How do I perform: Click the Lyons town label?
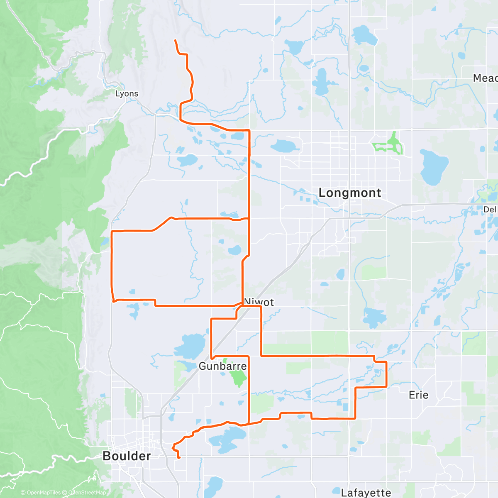tap(127, 94)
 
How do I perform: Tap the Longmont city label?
tap(349, 193)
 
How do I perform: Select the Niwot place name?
tap(259, 302)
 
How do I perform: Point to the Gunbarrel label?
tap(222, 366)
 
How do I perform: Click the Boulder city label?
tap(127, 456)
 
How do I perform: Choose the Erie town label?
tap(418, 395)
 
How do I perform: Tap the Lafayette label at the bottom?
tap(366, 493)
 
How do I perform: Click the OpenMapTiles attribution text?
tap(41, 493)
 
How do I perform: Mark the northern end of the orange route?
tap(175, 40)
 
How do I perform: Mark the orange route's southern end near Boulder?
tap(179, 458)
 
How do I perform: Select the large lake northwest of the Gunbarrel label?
tap(190, 345)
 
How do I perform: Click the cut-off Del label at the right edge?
tap(490, 210)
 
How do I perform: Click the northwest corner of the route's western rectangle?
tap(112, 231)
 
